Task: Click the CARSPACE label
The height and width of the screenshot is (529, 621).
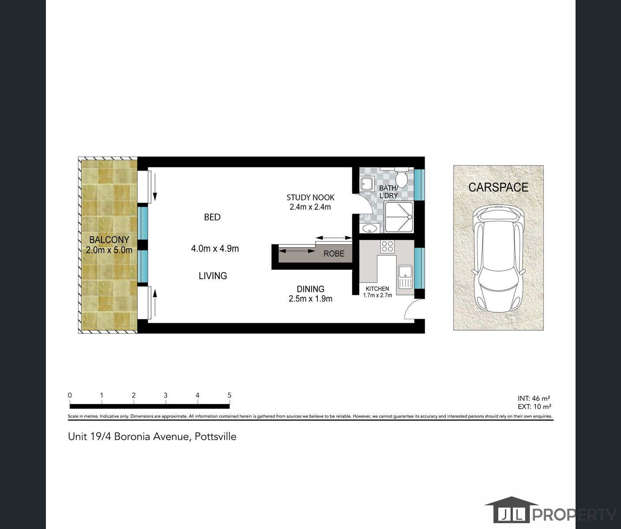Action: tap(498, 187)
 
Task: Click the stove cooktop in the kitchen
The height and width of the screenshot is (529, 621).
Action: tap(387, 246)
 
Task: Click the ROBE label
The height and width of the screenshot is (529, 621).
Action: tap(334, 253)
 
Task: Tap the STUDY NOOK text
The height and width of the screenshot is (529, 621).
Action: tap(310, 197)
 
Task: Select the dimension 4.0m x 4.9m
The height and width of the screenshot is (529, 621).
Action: tap(215, 249)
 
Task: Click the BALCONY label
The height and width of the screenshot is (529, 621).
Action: tap(109, 240)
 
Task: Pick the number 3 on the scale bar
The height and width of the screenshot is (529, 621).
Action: tap(166, 395)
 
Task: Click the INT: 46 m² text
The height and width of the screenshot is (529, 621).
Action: tap(534, 398)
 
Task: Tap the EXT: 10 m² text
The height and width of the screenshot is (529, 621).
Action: tap(534, 406)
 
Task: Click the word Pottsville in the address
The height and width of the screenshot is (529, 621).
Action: tap(215, 436)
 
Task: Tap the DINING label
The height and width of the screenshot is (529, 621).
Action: tap(310, 289)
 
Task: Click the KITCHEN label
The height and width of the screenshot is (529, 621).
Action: tap(377, 289)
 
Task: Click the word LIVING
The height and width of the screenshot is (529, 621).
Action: tap(213, 276)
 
